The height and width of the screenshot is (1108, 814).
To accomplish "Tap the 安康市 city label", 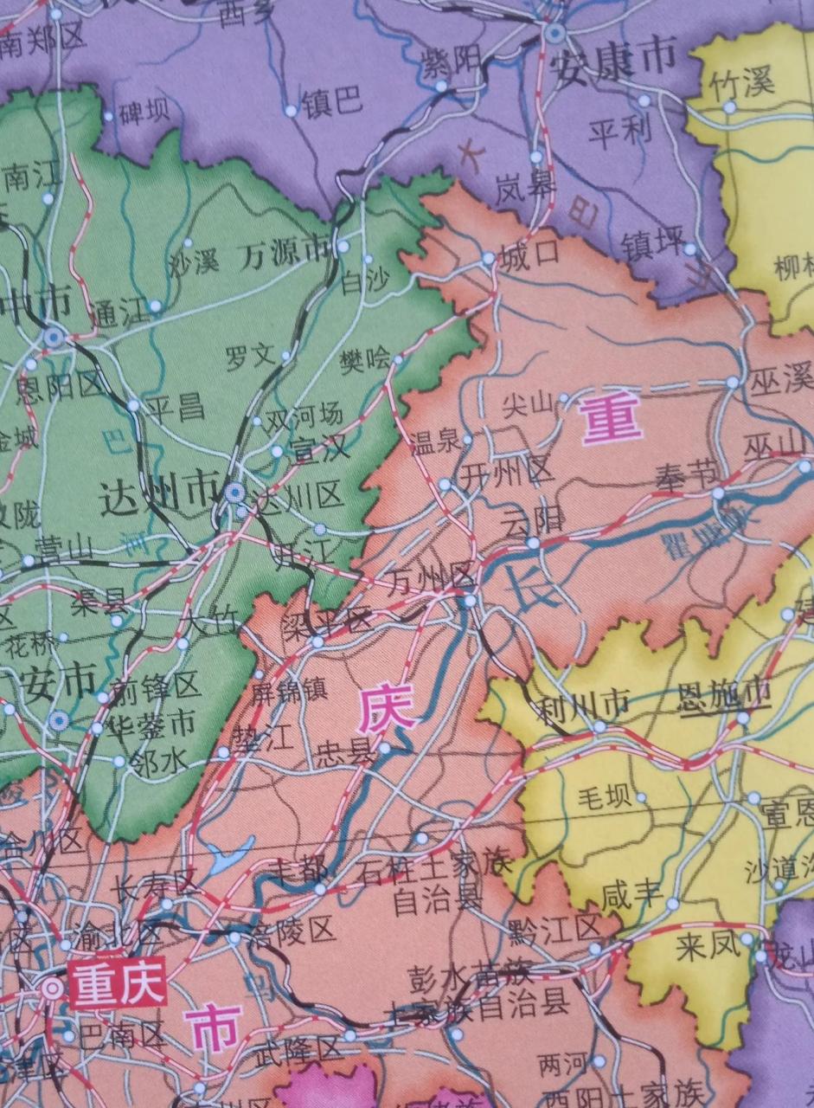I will (614, 58).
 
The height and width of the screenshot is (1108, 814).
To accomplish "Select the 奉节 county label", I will (685, 475).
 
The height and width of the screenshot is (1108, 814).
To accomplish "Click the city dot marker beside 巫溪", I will (733, 382).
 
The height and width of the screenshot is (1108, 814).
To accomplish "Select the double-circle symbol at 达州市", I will (233, 493).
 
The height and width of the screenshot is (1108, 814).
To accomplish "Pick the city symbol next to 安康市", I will (554, 33).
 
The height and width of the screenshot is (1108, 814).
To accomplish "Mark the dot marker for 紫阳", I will (442, 86).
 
